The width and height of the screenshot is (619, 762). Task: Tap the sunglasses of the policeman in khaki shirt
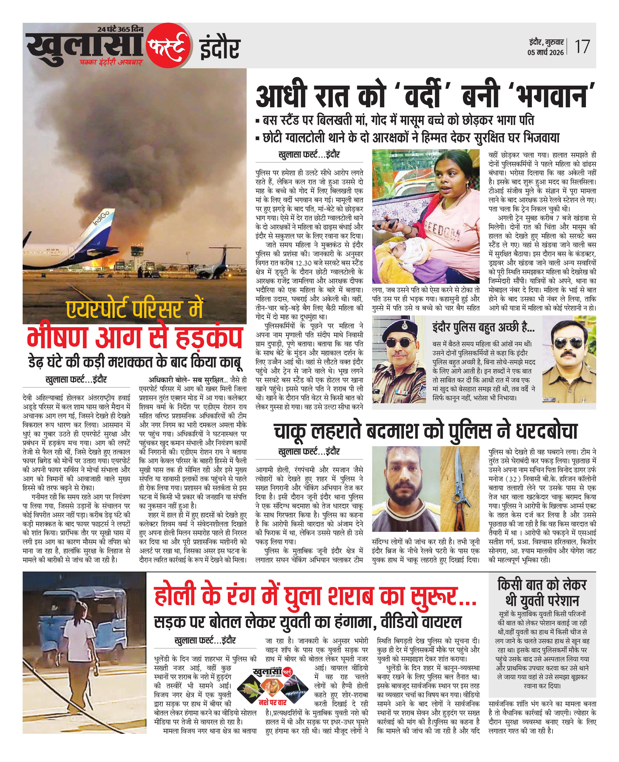click(568, 343)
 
